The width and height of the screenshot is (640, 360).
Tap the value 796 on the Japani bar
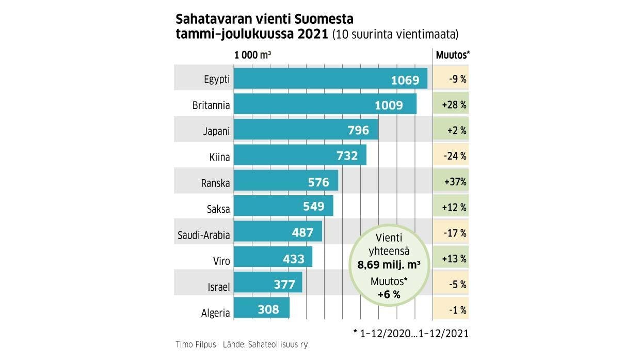click(358, 131)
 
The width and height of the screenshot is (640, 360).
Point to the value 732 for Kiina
click(347, 155)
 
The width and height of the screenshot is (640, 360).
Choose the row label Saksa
click(218, 209)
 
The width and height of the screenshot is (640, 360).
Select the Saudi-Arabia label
click(203, 235)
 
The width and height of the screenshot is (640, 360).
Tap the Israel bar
click(268, 284)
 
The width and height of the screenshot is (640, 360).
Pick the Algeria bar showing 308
click(262, 309)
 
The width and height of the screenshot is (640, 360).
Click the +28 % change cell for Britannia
click(454, 105)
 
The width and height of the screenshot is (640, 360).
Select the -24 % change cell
click(455, 155)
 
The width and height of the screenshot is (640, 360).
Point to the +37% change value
click(455, 182)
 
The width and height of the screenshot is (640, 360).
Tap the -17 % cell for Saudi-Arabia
click(455, 233)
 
